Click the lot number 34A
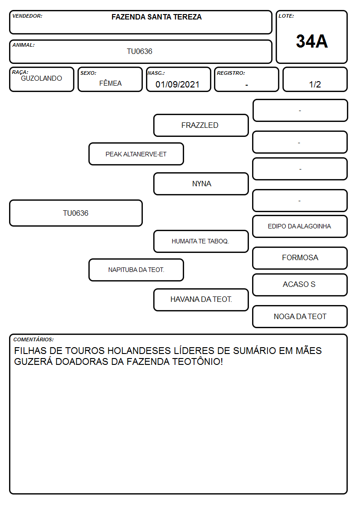[x=311, y=41]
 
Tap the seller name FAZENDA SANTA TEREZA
[x=156, y=17]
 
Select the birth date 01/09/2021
[x=177, y=84]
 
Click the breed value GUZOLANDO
[x=41, y=78]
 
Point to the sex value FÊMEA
[x=110, y=83]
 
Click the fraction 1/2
[x=315, y=84]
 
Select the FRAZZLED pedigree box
[x=201, y=125]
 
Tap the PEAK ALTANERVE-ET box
[x=136, y=154]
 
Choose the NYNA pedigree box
[x=201, y=184]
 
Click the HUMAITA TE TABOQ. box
[x=201, y=241]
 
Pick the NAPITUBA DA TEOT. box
[x=136, y=270]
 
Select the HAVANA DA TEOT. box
[x=201, y=300]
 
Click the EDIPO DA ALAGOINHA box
[x=300, y=226]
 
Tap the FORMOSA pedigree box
[x=300, y=258]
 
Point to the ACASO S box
[x=300, y=285]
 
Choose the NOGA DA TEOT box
[x=300, y=316]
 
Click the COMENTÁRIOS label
[x=34, y=339]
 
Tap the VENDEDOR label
[x=27, y=16]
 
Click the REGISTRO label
[x=231, y=73]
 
